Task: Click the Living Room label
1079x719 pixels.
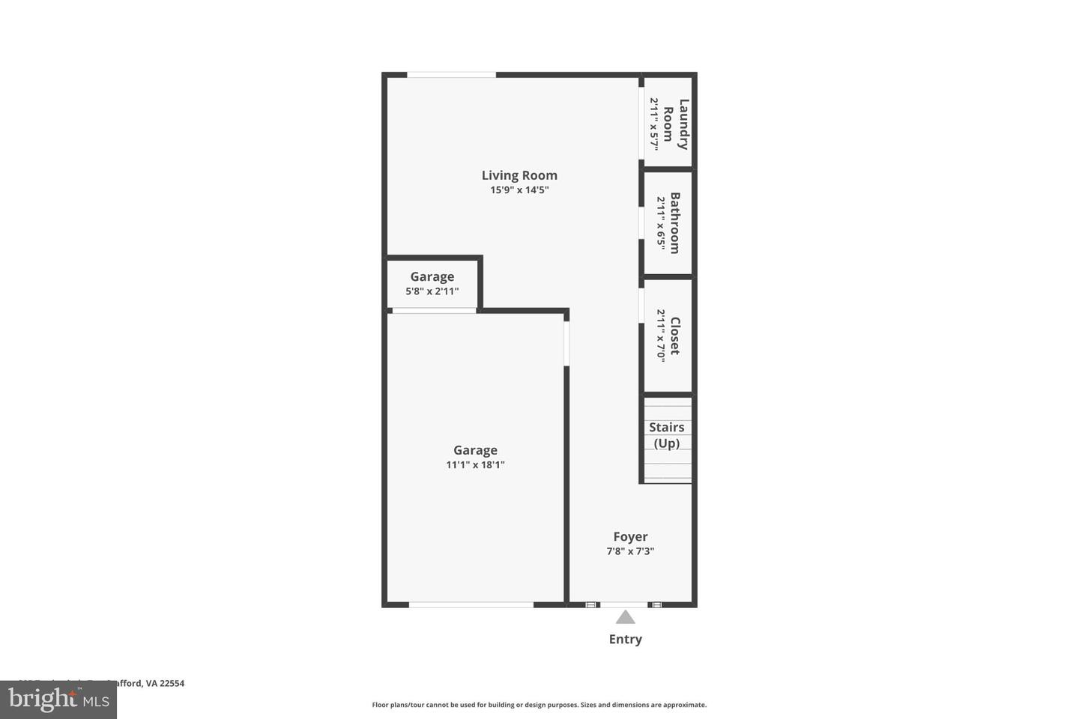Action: click(x=519, y=175)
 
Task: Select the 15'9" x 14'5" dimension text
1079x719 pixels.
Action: click(x=519, y=190)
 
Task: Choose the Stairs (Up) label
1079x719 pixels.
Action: click(x=666, y=435)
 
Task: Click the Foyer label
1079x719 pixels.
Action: click(x=630, y=536)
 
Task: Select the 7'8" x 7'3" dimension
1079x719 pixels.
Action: click(x=630, y=551)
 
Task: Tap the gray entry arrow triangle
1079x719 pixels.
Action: click(x=626, y=617)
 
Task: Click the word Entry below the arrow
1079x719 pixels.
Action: click(x=625, y=639)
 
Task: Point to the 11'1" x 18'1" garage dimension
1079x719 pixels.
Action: click(x=475, y=465)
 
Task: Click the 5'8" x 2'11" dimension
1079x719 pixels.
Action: click(x=432, y=291)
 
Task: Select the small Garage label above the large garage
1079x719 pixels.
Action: click(x=432, y=276)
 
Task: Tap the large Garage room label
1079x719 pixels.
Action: click(x=475, y=450)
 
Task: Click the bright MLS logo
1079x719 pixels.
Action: click(x=58, y=700)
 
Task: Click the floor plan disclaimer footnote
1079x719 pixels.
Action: click(x=539, y=705)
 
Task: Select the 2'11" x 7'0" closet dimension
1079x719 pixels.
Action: click(x=661, y=336)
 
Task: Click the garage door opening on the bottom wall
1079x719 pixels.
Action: click(x=471, y=604)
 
